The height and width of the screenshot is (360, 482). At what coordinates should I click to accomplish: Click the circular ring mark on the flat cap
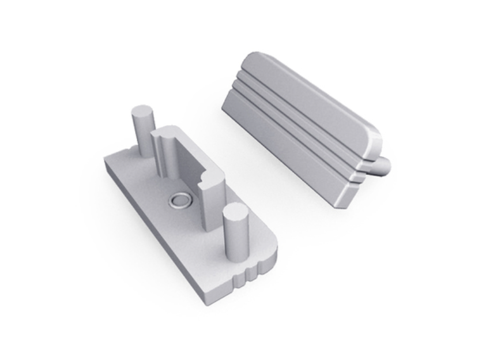click(178, 201)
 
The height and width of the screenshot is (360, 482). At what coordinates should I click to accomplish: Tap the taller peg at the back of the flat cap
click(142, 130)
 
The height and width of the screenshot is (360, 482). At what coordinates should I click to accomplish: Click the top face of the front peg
click(235, 213)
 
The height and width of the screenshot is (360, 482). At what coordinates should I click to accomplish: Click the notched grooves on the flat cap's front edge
click(249, 273)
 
